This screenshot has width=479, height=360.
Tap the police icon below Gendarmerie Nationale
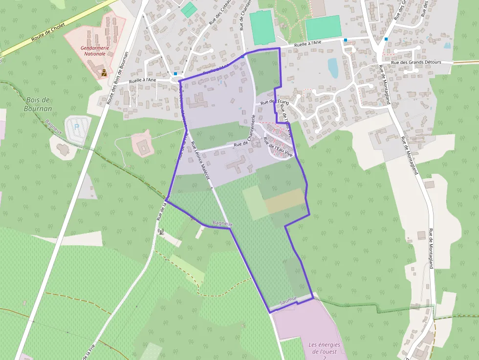click(104, 73)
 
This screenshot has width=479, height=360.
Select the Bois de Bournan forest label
click(38, 104)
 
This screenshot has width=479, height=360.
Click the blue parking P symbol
click(76, 127)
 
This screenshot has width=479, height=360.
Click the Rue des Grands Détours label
click(416, 63)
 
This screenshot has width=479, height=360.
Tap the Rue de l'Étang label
click(275, 102)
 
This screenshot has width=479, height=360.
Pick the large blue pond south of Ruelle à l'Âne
click(333, 68)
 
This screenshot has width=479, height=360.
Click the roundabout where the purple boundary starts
click(176, 79)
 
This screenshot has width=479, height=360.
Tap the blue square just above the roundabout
click(175, 74)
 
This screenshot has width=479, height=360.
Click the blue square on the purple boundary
click(242, 57)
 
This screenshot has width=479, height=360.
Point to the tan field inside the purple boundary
click(284, 200)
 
